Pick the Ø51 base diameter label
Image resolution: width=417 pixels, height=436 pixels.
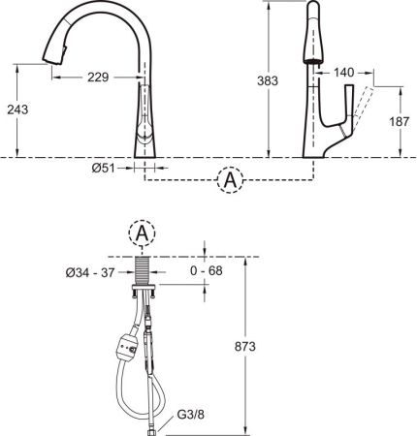pos(105,168)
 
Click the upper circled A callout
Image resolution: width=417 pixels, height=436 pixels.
pos(229,179)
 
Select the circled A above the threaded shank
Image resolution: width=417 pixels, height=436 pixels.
pos(142,233)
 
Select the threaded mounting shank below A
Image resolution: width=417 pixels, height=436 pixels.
pos(142,267)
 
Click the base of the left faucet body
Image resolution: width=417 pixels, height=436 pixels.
pos(143,145)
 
